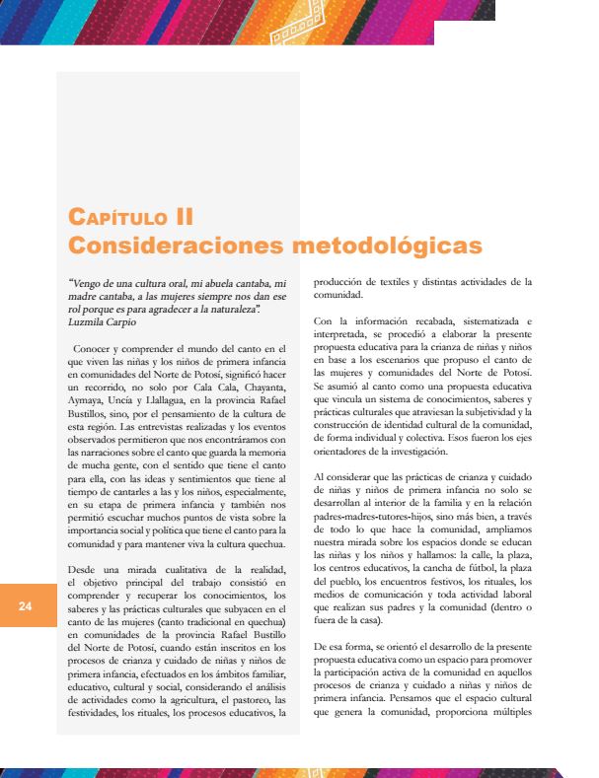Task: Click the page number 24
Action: click(25, 606)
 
